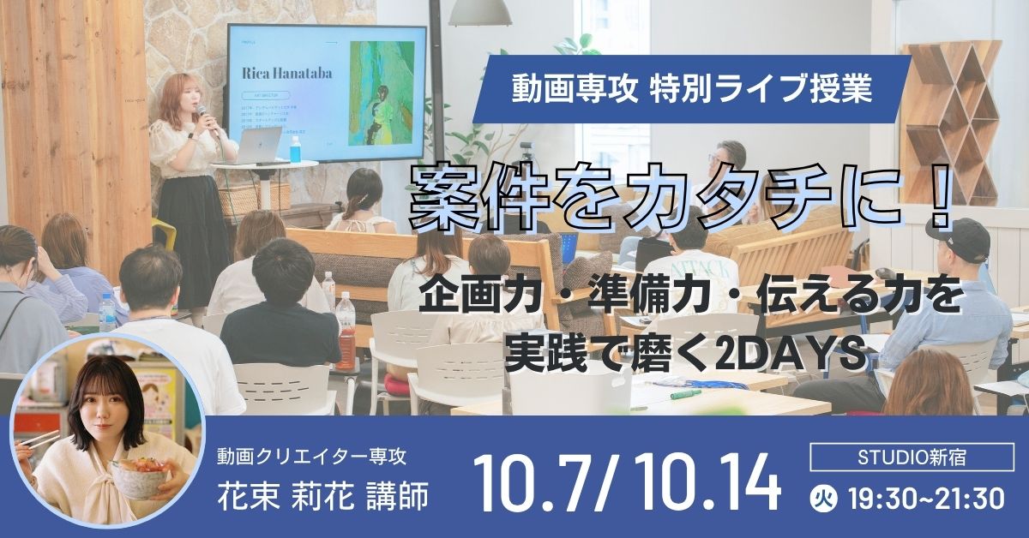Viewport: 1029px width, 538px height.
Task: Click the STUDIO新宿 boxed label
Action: [912, 457]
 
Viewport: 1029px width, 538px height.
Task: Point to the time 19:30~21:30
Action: [924, 498]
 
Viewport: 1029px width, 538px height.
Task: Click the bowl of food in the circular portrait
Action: [142, 475]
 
